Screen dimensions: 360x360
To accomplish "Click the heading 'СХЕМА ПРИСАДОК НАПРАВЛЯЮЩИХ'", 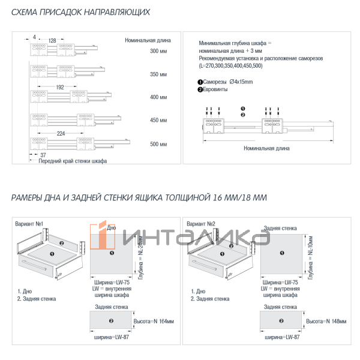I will point(80,13).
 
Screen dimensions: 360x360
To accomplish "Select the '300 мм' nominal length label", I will point(158,52).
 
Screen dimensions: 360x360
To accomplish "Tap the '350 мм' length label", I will point(158,74).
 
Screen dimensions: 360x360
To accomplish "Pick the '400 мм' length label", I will point(158,97).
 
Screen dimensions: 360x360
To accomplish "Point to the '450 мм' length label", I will point(158,121).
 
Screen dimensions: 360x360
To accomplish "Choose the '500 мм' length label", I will point(158,144).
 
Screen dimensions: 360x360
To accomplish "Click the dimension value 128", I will point(52,40).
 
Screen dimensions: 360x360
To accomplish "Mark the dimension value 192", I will point(59,87).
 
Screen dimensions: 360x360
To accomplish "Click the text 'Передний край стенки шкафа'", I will point(73,162).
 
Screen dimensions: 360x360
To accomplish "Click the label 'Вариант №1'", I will point(31,224).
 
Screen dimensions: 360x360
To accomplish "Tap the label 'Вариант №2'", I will point(200,224).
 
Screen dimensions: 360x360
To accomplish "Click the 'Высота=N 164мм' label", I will point(152,322).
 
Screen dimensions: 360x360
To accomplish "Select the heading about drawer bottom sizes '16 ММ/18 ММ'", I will point(139,197).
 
